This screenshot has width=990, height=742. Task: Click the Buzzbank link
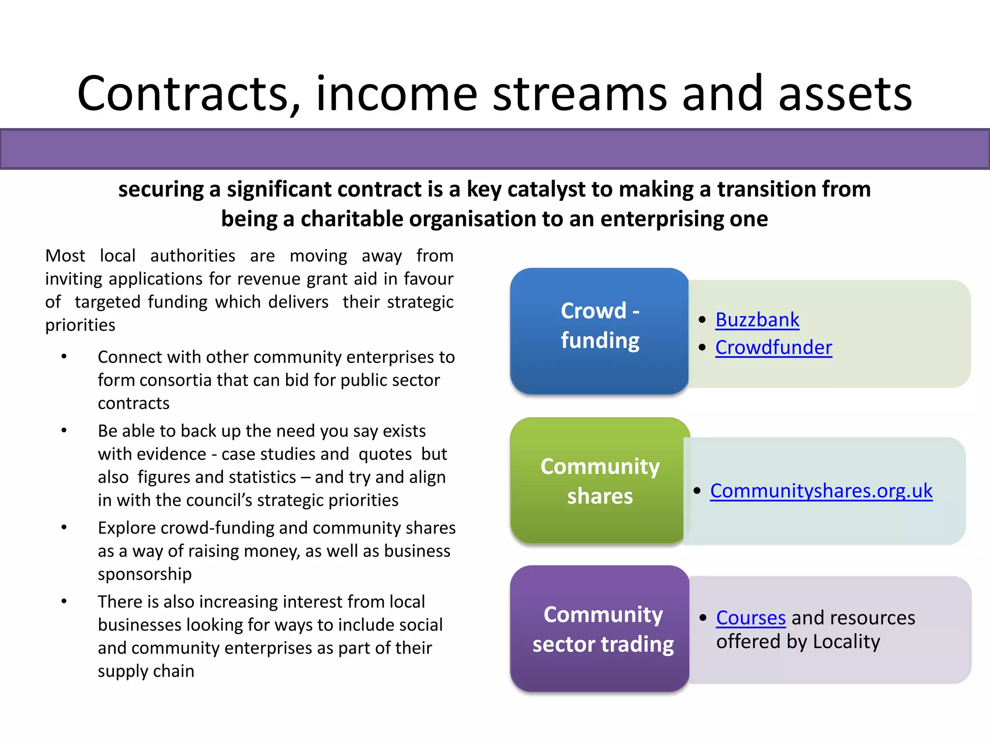point(757,320)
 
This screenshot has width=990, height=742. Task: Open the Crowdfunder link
point(773,347)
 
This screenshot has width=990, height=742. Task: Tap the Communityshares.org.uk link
point(821,491)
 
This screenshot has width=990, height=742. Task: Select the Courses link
point(751,618)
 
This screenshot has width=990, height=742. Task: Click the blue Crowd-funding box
point(599,331)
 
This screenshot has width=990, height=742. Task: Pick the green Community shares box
point(599,481)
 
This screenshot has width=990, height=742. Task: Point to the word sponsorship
point(145,574)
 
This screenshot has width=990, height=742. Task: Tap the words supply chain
point(146,671)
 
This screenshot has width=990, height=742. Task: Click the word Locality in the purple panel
point(846,642)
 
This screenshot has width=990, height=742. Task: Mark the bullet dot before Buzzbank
point(702,320)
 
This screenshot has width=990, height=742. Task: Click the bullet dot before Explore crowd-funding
point(64,527)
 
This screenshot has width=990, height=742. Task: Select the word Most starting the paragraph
point(65,256)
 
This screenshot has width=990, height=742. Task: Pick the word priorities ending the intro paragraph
point(80,325)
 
